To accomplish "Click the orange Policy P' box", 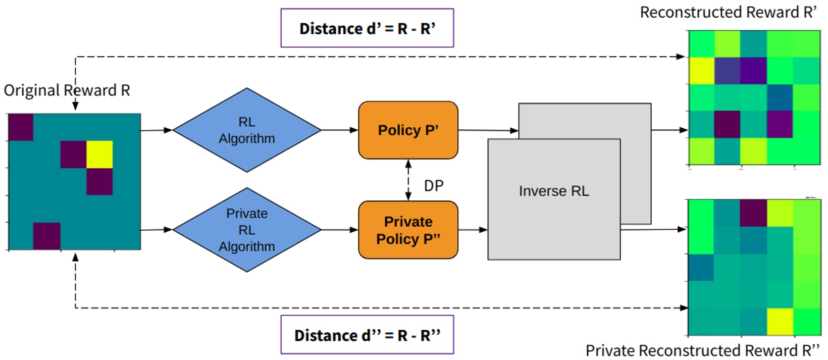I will tap(408, 130).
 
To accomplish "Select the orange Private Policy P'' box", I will tap(408, 230).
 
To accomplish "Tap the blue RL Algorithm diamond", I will tap(247, 130).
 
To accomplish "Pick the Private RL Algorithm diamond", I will tap(247, 230).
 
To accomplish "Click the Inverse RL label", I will tap(554, 191).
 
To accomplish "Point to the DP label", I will tap(434, 186).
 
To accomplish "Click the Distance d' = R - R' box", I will tap(367, 28).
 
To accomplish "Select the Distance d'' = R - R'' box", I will tap(367, 335).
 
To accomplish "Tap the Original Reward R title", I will tap(67, 90).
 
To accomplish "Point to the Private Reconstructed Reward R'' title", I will tap(702, 350).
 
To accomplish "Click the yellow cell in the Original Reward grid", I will tap(99, 155).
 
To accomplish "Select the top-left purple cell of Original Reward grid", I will tap(21, 127).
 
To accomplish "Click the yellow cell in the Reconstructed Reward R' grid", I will tap(702, 71).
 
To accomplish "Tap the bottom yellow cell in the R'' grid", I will tap(780, 322).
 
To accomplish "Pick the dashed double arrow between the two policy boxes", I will tap(408, 180).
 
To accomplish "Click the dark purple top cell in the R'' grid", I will tap(754, 213).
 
